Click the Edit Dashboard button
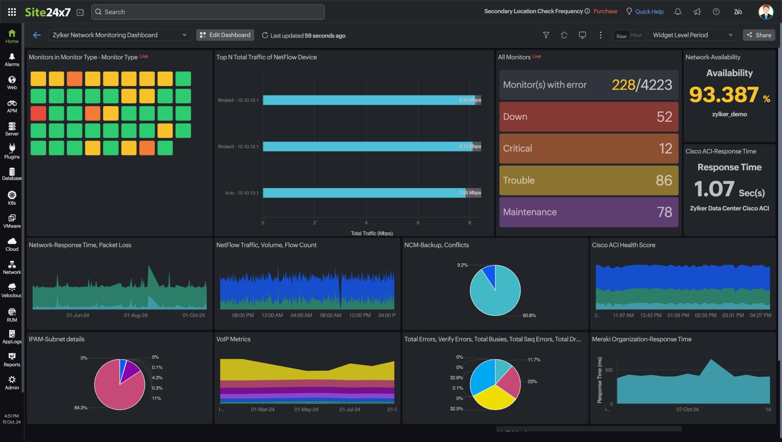(x=225, y=35)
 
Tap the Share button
(x=759, y=35)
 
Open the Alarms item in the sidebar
(x=12, y=60)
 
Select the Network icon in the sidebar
(x=12, y=267)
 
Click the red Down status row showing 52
(x=589, y=117)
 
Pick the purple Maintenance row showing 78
(x=589, y=212)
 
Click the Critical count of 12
(x=665, y=149)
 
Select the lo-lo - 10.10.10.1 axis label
(x=242, y=193)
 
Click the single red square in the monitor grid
(x=38, y=113)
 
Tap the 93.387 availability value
(x=724, y=95)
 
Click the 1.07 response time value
(x=714, y=189)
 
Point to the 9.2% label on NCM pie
(x=462, y=265)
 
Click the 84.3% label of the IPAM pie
(x=81, y=407)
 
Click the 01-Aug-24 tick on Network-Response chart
(x=136, y=315)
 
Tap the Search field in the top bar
(x=208, y=12)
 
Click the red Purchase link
(x=605, y=11)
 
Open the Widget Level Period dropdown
(x=692, y=35)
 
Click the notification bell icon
(x=678, y=12)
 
